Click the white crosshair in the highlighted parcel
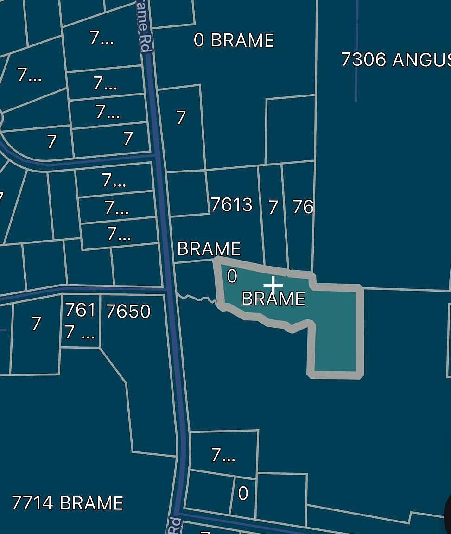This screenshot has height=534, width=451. pyautogui.click(x=273, y=285)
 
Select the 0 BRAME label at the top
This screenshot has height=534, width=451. pyautogui.click(x=234, y=40)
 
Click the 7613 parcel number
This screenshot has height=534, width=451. pyautogui.click(x=232, y=204)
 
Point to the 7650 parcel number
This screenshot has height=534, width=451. pyautogui.click(x=128, y=311)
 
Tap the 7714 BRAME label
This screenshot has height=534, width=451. pyautogui.click(x=68, y=503)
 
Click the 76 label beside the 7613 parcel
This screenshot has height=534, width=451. pyautogui.click(x=303, y=207)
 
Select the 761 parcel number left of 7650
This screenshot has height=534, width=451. pyautogui.click(x=80, y=310)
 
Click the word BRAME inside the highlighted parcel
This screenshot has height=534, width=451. pyautogui.click(x=273, y=299)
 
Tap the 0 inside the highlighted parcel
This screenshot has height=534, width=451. pyautogui.click(x=232, y=276)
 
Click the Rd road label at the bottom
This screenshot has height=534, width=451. pyautogui.click(x=174, y=526)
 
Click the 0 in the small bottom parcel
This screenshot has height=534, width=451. pyautogui.click(x=243, y=494)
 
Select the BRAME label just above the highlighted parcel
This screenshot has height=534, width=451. pyautogui.click(x=209, y=249)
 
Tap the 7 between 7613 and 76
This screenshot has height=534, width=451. pyautogui.click(x=273, y=207)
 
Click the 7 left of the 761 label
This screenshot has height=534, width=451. pyautogui.click(x=36, y=323)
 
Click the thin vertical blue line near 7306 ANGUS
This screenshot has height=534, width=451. pyautogui.click(x=356, y=51)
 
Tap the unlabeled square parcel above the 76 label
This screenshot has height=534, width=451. pyautogui.click(x=290, y=130)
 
